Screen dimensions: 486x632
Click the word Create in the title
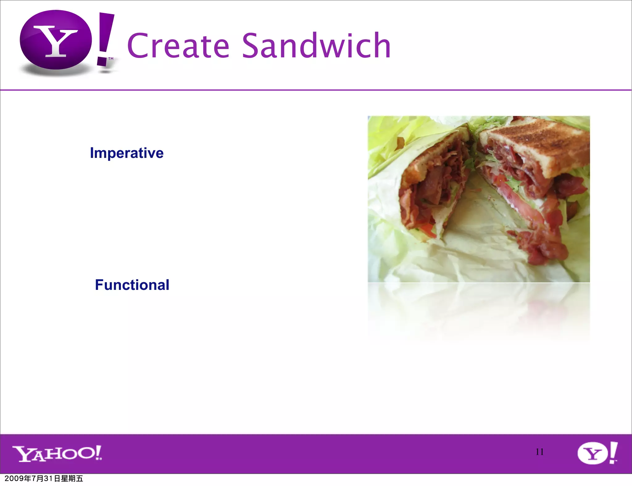(x=178, y=46)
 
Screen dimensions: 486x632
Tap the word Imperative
(x=127, y=153)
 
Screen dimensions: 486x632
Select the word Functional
(x=132, y=285)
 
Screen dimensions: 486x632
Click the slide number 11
(x=539, y=452)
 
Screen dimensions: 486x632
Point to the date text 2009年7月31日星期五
(x=44, y=479)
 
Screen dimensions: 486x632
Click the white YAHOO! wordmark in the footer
(x=57, y=453)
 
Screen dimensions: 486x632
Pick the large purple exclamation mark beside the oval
(x=105, y=39)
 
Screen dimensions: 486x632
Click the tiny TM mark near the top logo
(x=110, y=59)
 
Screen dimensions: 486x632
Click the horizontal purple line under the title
(x=316, y=90)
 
